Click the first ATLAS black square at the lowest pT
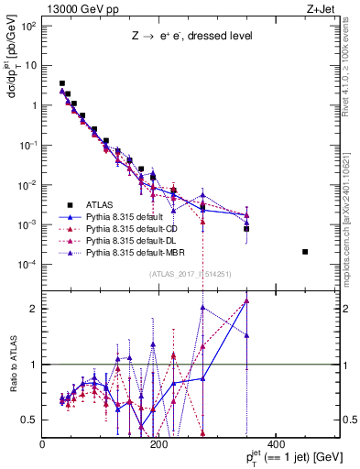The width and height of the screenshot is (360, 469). [62, 83]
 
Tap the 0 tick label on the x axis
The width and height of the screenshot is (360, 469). [43, 445]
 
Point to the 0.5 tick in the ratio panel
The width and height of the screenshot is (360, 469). [30, 420]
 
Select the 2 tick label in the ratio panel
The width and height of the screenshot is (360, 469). [33, 309]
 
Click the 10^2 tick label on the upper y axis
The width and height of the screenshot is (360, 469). [27, 26]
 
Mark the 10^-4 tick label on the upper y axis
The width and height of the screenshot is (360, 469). [27, 265]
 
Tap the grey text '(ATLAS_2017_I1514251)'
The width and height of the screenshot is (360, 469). [190, 274]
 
